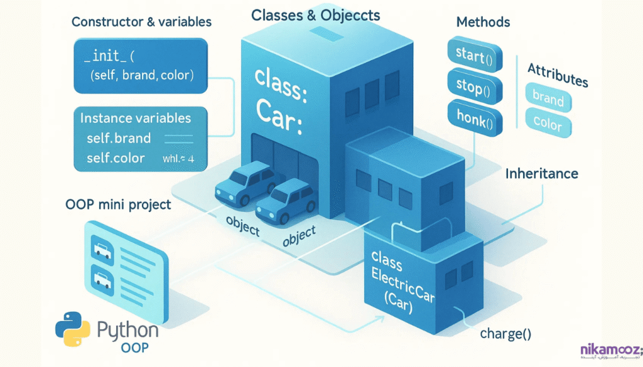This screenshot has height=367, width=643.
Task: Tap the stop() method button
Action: pos(470,87)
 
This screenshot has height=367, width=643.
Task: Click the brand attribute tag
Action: pos(548,98)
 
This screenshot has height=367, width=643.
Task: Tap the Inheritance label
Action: pos(541,173)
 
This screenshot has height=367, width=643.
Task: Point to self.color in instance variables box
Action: pos(116,157)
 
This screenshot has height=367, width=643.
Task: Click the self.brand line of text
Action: pos(119,138)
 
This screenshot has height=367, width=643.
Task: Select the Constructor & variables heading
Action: pos(141,22)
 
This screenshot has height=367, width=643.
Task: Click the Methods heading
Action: pos(483,22)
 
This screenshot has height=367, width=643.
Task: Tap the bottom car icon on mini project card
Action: pos(102,277)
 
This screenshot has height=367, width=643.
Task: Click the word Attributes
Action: pos(557,75)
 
